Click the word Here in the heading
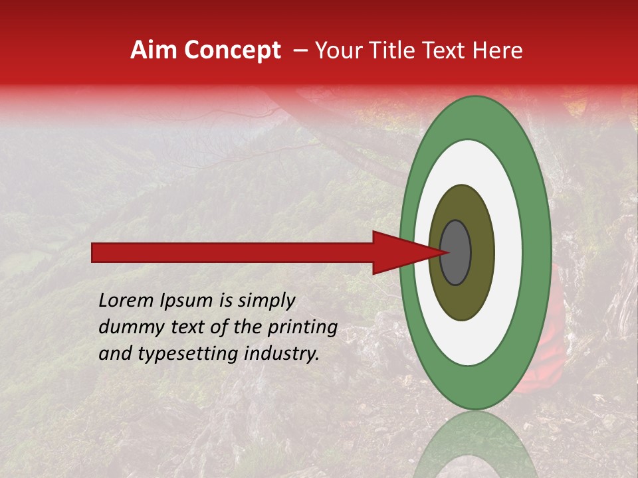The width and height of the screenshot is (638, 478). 498,50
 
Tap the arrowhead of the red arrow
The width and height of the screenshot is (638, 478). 399,252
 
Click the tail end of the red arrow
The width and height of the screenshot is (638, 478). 96,252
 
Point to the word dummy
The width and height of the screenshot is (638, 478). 126,327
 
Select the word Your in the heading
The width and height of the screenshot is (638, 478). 336,50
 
